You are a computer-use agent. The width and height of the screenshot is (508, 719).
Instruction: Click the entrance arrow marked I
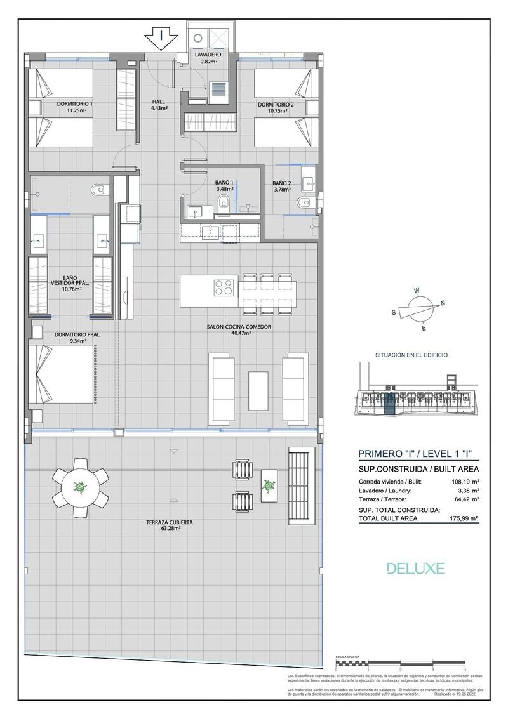coord(162,38)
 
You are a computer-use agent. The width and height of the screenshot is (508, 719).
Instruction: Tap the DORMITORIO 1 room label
coord(75,107)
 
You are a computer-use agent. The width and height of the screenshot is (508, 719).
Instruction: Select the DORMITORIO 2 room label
coord(276,107)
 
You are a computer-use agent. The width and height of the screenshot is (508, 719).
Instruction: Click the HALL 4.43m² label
coord(159,105)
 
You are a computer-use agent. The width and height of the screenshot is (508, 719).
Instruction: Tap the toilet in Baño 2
coord(303,202)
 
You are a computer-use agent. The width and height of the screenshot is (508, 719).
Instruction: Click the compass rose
coord(418,310)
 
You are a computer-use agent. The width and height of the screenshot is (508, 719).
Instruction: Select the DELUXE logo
coord(416,568)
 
